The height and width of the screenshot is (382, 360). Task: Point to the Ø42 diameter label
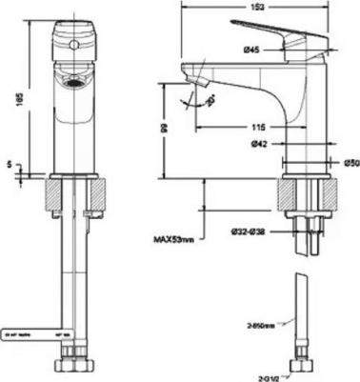(x=255, y=144)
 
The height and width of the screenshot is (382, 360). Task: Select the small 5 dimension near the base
(x=9, y=164)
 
